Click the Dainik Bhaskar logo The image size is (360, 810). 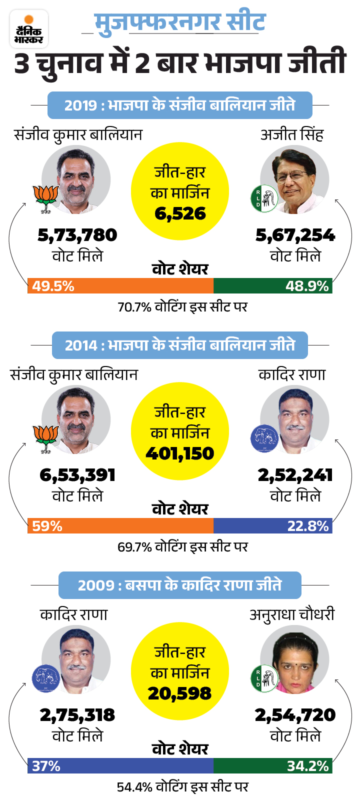(29, 29)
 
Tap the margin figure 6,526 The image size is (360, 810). (180, 213)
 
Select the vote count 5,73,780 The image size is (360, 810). (77, 235)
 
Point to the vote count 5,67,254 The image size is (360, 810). (295, 235)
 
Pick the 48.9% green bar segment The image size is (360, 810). (273, 286)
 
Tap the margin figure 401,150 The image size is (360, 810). (180, 453)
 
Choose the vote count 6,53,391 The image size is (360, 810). (77, 475)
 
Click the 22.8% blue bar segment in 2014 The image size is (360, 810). (273, 526)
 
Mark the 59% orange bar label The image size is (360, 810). (47, 526)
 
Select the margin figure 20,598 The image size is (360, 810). (180, 693)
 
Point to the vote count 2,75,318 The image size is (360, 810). (77, 715)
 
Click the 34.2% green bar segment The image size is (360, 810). (273, 766)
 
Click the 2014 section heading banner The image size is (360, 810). (180, 345)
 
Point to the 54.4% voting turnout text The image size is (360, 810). (182, 787)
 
